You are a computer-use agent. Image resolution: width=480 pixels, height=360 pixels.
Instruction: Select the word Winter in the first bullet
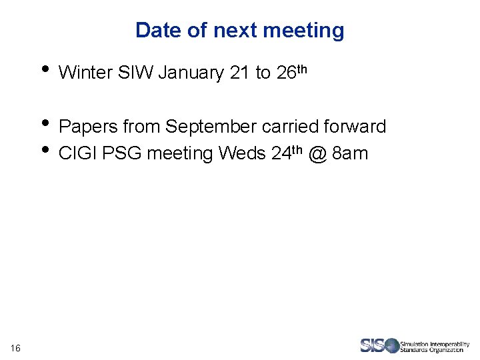85,73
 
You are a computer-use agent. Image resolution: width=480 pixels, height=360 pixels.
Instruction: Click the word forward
355,127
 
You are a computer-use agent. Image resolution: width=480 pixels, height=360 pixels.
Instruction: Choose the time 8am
350,154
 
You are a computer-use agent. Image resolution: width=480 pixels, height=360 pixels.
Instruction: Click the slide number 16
15,347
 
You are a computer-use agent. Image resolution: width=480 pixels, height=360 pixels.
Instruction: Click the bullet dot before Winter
45,69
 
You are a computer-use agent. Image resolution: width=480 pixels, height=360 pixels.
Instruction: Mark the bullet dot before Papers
45,122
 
